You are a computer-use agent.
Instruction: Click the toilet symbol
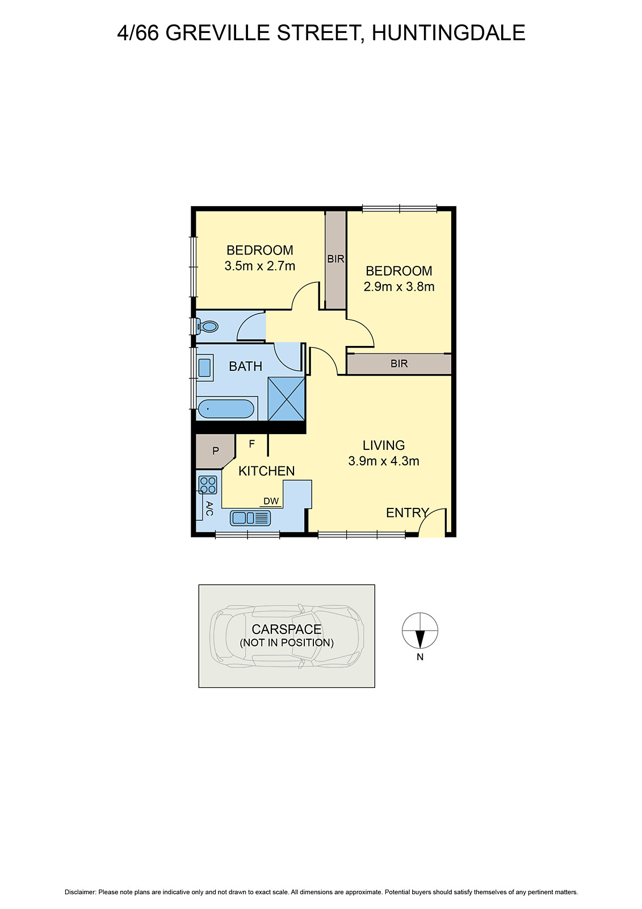(208, 327)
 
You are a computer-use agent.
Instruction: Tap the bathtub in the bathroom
(225, 409)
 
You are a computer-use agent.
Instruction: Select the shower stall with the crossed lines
(286, 398)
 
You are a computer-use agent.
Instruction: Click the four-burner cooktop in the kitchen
(208, 485)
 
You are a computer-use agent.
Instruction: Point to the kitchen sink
(250, 518)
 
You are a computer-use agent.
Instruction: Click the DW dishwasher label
(271, 501)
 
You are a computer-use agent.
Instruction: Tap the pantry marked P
(215, 451)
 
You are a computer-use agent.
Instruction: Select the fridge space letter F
(252, 444)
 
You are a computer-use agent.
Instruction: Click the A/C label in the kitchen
(209, 508)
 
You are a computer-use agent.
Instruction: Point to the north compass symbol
(420, 631)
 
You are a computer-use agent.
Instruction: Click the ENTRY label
(407, 513)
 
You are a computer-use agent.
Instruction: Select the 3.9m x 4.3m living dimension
(384, 461)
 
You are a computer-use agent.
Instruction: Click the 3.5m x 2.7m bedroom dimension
(260, 266)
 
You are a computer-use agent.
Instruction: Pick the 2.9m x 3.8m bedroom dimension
(399, 287)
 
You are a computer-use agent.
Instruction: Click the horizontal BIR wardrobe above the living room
(399, 364)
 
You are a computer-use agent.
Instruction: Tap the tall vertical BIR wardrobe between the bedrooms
(335, 259)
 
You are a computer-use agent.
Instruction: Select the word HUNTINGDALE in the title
(448, 33)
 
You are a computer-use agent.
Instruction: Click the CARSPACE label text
(287, 629)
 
